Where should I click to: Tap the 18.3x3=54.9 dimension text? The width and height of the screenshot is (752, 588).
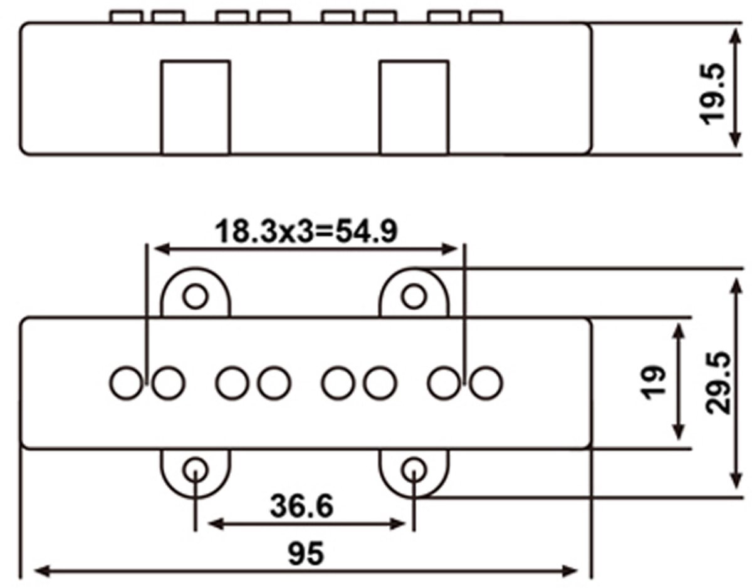pos(306,231)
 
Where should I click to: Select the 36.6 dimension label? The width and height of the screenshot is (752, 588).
pos(302,506)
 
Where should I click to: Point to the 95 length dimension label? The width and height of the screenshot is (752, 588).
pos(306,554)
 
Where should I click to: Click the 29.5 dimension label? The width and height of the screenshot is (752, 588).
pos(718,383)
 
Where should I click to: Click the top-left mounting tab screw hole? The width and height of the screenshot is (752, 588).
pos(196,297)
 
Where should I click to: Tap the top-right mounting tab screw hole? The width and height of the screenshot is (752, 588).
pos(414,297)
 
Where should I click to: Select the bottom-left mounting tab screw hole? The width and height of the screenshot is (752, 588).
pos(196,470)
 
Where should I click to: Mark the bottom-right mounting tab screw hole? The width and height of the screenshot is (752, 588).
pos(414,470)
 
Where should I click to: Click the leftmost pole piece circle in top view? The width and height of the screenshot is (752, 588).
pos(127,384)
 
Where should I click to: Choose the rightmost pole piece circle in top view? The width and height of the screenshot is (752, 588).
pos(486,384)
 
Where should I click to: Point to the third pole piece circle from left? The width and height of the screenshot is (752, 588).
pos(232,384)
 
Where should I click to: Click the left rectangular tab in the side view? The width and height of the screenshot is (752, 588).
pos(196,107)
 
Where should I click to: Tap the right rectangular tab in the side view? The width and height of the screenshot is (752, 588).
pos(414,107)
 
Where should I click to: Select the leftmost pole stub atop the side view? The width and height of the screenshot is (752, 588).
pos(127,17)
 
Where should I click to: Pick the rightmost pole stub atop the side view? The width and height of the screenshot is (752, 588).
pos(486,17)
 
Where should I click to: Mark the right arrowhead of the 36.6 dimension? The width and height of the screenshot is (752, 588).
pos(398,524)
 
